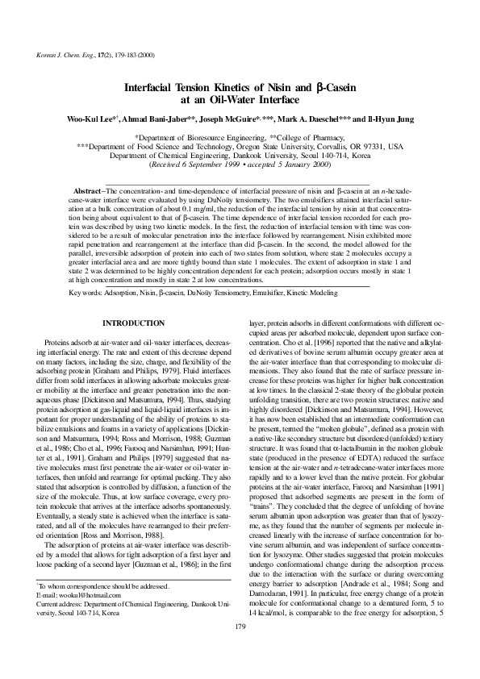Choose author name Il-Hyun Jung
point(390,119)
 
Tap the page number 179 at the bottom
point(240,649)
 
